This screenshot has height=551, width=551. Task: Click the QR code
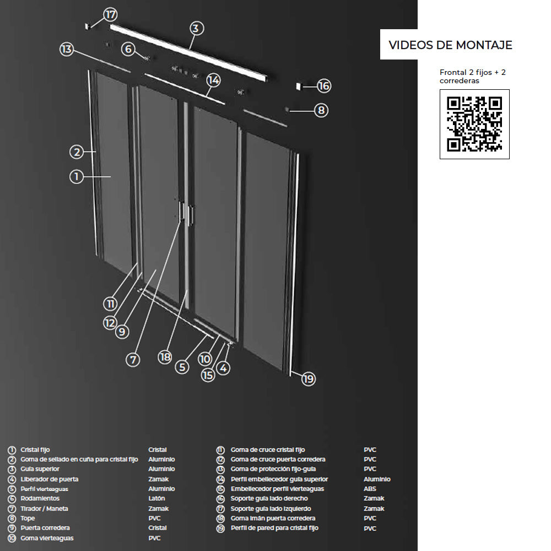[474, 124]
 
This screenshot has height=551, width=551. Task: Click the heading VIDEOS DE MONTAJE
[450, 45]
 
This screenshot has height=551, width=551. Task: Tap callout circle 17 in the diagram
[110, 14]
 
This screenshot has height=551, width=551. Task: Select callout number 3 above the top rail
[197, 28]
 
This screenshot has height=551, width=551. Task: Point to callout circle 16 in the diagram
[323, 86]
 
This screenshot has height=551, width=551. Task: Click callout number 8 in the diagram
[321, 110]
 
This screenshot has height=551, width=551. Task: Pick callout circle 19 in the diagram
[308, 379]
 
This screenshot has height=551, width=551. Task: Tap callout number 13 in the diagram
[67, 49]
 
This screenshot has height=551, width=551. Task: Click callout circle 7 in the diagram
[133, 360]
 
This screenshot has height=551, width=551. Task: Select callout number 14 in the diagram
[213, 80]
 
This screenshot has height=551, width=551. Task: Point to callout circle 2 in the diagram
[77, 152]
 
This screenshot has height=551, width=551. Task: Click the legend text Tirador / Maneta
[44, 509]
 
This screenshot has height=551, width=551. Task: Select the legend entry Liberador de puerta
[50, 479]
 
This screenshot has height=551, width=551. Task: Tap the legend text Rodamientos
[40, 498]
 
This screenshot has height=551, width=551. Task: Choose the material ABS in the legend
[370, 489]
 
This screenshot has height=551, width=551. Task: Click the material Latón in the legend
[156, 498]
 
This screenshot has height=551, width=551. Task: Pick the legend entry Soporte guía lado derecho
[269, 498]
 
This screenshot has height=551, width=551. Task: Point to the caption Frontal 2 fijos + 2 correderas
[473, 76]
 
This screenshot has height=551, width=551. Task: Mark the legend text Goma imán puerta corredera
[273, 518]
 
